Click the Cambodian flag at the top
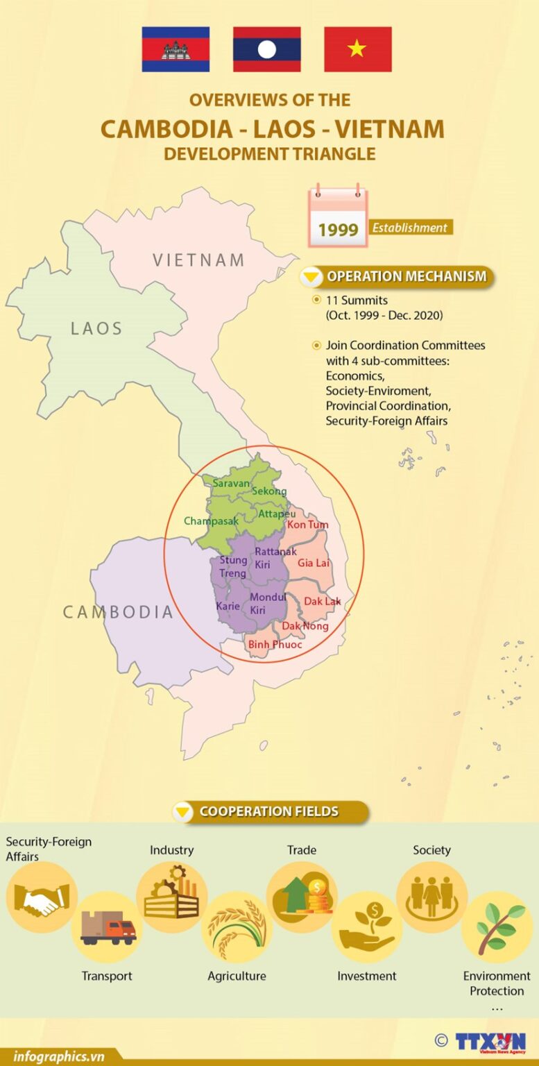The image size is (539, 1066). click(x=176, y=49)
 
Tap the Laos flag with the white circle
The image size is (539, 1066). click(x=266, y=49)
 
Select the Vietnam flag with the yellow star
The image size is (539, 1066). click(x=357, y=49)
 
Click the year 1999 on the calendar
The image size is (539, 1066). click(x=338, y=230)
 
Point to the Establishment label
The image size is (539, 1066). click(x=410, y=228)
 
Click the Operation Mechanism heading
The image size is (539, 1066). click(x=406, y=276)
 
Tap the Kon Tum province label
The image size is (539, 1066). click(x=307, y=525)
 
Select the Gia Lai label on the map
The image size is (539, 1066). click(x=313, y=563)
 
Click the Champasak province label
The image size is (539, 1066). click(x=211, y=521)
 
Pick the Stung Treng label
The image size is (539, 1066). click(x=233, y=566)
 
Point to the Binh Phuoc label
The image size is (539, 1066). click(x=275, y=644)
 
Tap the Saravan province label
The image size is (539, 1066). click(x=230, y=482)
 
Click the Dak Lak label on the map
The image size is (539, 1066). click(x=322, y=601)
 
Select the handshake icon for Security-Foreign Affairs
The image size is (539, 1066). click(x=42, y=898)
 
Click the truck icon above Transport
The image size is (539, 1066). click(x=108, y=927)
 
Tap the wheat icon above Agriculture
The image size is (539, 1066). click(x=237, y=927)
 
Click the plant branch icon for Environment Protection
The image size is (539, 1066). click(x=497, y=927)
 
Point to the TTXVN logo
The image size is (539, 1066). click(x=490, y=1042)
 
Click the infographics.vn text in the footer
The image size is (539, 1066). click(x=58, y=1057)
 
